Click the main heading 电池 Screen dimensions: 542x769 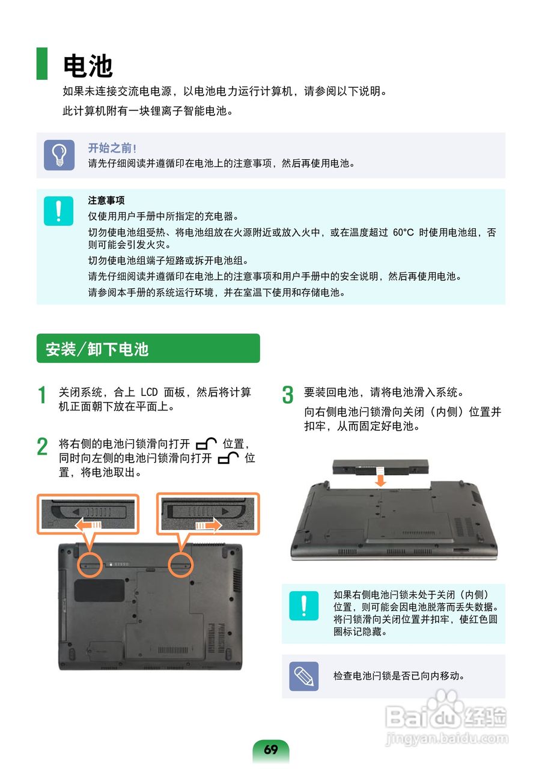(88, 65)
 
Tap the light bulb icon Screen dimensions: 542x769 (59, 155)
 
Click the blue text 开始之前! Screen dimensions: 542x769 (112, 148)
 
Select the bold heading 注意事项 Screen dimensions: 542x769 (106, 200)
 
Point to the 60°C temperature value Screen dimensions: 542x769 (403, 233)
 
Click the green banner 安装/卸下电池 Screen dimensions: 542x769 (148, 348)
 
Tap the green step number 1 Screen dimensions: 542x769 (42, 395)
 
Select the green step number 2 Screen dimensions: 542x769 (42, 446)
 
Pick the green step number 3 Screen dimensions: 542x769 (288, 395)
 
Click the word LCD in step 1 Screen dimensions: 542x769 (149, 392)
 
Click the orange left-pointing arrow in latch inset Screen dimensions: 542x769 (88, 525)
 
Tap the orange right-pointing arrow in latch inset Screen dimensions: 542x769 (209, 525)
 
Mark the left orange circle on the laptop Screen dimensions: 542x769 (90, 565)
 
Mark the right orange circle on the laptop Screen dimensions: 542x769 (181, 565)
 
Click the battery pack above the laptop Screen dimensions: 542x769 (380, 467)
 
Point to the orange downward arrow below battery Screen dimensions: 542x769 (380, 479)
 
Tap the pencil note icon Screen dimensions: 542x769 (303, 676)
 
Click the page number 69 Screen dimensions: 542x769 (270, 749)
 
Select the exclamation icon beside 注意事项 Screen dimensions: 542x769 (59, 211)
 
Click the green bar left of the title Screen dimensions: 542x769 (42, 64)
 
